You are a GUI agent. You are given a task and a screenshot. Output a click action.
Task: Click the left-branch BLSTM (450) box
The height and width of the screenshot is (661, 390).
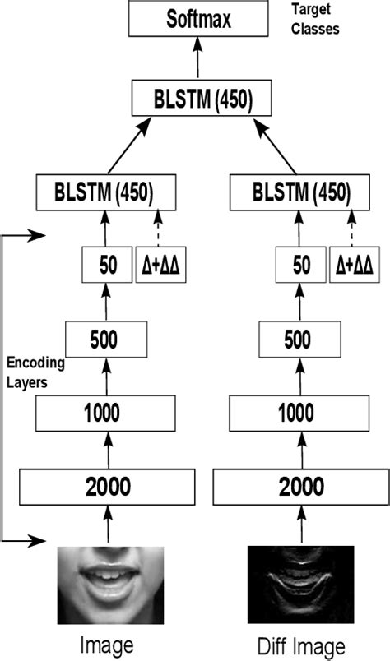click(x=108, y=192)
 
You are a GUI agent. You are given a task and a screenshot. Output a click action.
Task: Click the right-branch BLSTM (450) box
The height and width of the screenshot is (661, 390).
click(x=300, y=192)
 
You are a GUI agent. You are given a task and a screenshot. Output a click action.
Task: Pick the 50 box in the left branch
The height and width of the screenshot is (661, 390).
click(x=106, y=265)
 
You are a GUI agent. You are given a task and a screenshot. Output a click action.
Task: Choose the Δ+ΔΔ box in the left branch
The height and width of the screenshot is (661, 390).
click(x=160, y=265)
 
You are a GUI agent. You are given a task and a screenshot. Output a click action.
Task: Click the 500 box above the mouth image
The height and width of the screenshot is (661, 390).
click(x=107, y=338)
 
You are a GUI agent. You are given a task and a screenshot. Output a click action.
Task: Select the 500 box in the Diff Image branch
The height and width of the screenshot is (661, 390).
click(x=301, y=338)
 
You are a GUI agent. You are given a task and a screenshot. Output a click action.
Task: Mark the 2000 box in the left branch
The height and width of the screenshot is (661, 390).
click(x=107, y=486)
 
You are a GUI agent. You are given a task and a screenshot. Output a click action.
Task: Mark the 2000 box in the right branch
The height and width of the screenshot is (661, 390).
click(x=300, y=486)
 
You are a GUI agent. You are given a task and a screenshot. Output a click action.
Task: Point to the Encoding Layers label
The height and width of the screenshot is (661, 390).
click(x=35, y=371)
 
